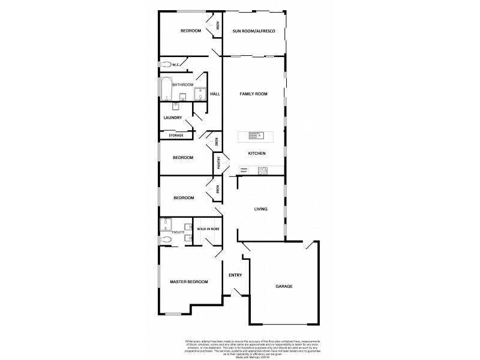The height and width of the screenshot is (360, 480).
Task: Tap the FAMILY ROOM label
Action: [253, 94]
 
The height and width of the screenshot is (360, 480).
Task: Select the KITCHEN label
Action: [257, 154]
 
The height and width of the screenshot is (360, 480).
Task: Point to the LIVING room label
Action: [260, 209]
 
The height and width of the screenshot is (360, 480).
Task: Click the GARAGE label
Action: [284, 286]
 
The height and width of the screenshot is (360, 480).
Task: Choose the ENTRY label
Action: [235, 275]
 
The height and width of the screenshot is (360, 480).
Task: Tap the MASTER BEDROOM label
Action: [188, 281]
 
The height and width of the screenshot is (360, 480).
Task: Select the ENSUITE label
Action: [178, 232]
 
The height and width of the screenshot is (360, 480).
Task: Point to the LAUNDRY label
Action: [173, 118]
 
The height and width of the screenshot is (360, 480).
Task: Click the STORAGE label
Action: [176, 136]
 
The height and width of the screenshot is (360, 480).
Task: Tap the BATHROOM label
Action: [183, 85]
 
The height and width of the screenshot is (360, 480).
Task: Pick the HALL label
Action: [215, 94]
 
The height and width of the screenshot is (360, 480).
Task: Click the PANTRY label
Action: [220, 163]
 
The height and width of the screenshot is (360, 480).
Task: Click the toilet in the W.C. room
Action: [164, 64]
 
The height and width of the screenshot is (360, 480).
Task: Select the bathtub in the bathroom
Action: [166, 89]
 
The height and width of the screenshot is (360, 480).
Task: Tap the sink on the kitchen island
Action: [256, 135]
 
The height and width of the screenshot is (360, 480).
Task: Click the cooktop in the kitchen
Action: [262, 170]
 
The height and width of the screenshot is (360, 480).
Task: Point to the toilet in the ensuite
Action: [166, 240]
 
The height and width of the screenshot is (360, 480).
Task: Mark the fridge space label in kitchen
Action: [244, 170]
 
